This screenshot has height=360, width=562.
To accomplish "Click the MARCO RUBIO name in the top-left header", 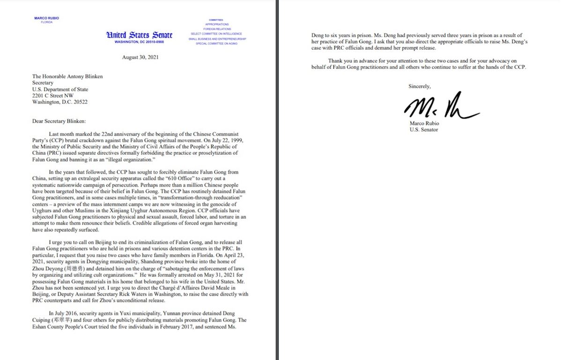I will pyautogui.click(x=46, y=18).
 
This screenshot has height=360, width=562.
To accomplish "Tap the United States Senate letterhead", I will pyautogui.click(x=139, y=35).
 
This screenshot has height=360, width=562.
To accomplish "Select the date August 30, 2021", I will pyautogui.click(x=139, y=58).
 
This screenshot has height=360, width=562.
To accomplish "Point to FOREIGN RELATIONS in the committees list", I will pyautogui.click(x=216, y=29).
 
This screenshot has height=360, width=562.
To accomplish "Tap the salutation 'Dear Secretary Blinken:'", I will pyautogui.click(x=56, y=121).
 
